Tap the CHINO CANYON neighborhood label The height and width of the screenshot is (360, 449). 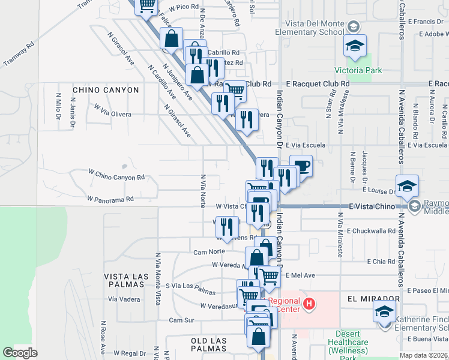106,90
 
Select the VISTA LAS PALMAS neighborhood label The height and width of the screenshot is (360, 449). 126,276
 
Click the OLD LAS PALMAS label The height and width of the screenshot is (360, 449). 208,341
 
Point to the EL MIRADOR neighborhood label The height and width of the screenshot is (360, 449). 373,298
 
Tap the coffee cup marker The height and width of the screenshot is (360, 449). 301,166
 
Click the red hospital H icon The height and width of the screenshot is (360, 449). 309,304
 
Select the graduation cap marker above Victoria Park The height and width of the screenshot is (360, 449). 355,46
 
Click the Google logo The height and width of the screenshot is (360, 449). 20,353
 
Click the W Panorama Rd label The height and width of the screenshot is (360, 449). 109,198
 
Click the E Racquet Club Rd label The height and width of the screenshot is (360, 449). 318,84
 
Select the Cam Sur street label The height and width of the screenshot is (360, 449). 181,320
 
